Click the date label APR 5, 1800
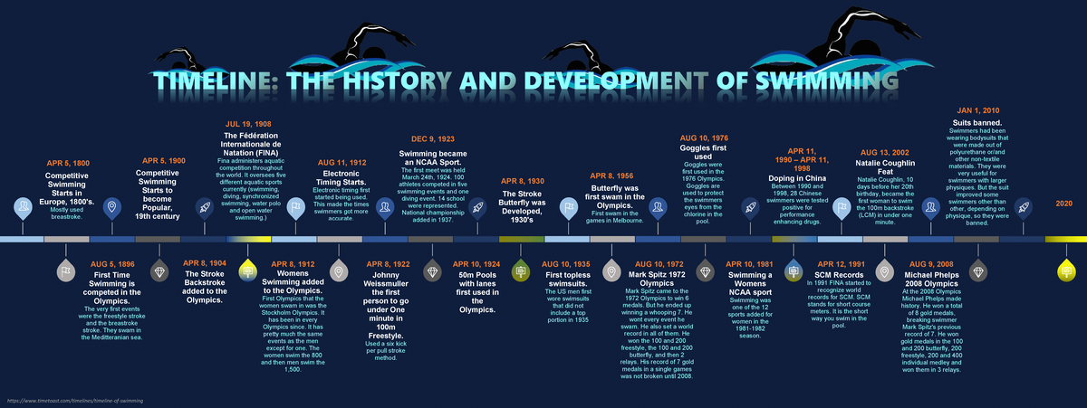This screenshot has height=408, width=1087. (x=67, y=163)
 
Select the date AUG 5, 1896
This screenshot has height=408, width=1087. (x=112, y=264)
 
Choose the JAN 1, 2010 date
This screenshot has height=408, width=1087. (x=978, y=110)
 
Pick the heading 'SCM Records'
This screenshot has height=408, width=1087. (x=839, y=274)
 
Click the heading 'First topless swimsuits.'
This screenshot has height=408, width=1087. (x=567, y=280)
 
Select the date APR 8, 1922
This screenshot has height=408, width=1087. (x=387, y=264)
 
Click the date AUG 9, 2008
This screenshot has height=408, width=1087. (x=932, y=264)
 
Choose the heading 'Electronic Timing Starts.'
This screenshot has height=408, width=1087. (x=341, y=177)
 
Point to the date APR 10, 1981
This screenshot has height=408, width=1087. (x=750, y=264)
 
